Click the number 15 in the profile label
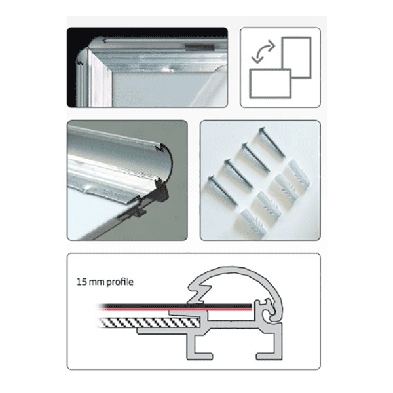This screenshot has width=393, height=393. pyautogui.click(x=82, y=282)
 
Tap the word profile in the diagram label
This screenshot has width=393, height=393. pyautogui.click(x=120, y=282)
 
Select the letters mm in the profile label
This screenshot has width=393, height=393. pyautogui.click(x=97, y=282)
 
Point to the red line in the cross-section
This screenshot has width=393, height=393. pyautogui.click(x=175, y=310)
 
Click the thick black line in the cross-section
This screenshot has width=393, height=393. pyautogui.click(x=175, y=306)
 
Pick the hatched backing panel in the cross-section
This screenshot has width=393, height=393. pyautogui.click(x=149, y=322)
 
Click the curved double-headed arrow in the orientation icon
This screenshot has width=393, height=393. pyautogui.click(x=263, y=51)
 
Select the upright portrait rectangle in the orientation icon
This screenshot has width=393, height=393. pyautogui.click(x=296, y=57)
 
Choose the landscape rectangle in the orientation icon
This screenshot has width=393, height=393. pyautogui.click(x=270, y=83)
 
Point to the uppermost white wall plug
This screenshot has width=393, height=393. pyautogui.click(x=298, y=173)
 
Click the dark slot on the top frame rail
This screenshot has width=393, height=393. pyautogui.click(x=200, y=47)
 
